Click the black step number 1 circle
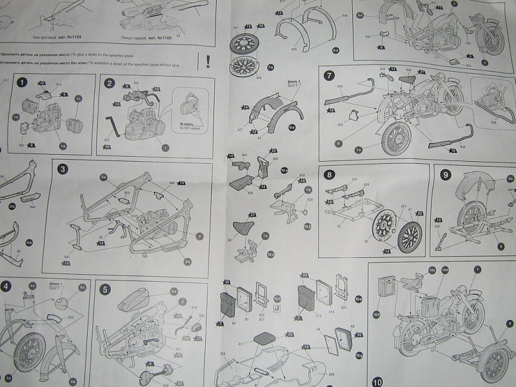click(x=23, y=83)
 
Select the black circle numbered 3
click(x=63, y=170)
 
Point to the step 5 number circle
click(x=105, y=289)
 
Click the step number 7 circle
click(x=330, y=75)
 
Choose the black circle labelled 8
click(x=330, y=174)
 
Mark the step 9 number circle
click(x=446, y=174)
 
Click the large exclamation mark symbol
click(x=208, y=61)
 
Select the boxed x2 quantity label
click(x=277, y=308)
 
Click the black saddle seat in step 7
click(x=408, y=80)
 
